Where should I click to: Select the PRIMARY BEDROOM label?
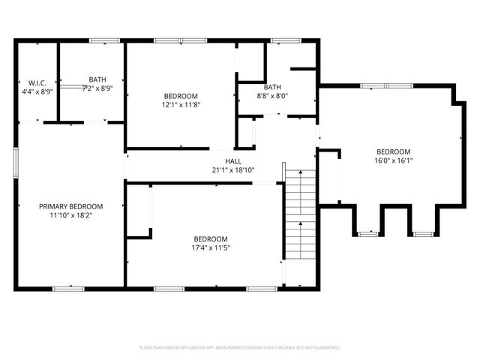click(71, 206)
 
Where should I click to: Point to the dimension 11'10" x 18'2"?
click(71, 215)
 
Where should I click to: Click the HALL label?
click(233, 161)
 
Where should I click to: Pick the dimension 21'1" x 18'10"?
click(233, 170)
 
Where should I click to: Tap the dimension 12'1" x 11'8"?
click(181, 105)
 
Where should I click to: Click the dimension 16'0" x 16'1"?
click(394, 160)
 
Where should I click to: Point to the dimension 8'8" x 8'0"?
click(272, 96)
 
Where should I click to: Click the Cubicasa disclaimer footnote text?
click(240, 348)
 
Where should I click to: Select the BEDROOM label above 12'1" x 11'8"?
click(181, 96)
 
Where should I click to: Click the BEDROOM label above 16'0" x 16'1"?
click(394, 151)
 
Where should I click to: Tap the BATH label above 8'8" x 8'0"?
click(272, 87)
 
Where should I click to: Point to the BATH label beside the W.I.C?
click(97, 79)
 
